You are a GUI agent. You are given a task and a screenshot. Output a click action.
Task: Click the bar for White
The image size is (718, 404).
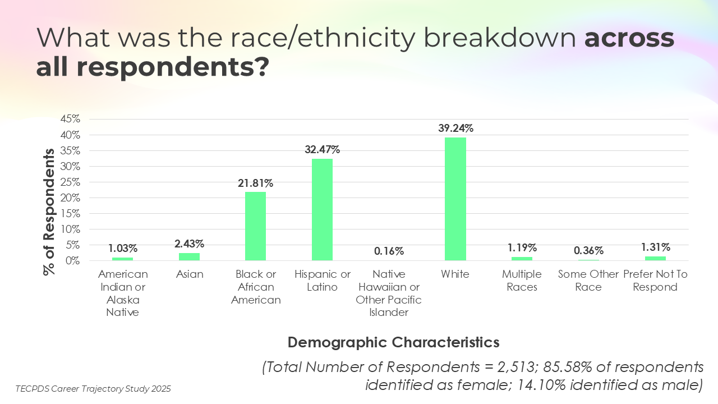[x=455, y=199]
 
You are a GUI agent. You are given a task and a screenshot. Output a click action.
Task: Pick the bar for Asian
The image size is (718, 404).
[x=189, y=256]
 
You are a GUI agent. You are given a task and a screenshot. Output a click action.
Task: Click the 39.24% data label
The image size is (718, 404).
[x=455, y=128]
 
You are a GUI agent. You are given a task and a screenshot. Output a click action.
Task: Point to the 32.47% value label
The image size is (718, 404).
[x=322, y=149]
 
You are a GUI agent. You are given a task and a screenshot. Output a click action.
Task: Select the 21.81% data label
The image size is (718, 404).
[x=255, y=183]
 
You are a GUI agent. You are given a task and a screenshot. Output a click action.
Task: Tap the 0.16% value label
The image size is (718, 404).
[x=388, y=251]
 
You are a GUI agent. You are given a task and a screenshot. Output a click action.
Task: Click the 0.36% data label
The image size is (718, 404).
[x=588, y=250]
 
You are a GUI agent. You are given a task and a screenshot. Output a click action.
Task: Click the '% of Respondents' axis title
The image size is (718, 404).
[x=49, y=212]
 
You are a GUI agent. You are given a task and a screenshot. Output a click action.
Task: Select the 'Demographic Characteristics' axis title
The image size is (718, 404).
[x=393, y=342]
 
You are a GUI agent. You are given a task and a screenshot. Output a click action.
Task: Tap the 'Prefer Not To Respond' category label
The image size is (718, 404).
[x=655, y=281]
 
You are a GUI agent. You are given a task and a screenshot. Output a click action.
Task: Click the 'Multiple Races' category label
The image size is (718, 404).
[x=522, y=281]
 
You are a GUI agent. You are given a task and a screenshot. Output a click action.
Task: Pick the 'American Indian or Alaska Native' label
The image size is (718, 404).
[x=123, y=293]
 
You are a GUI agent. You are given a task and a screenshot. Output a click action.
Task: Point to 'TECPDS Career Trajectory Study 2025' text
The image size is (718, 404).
[x=93, y=388]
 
